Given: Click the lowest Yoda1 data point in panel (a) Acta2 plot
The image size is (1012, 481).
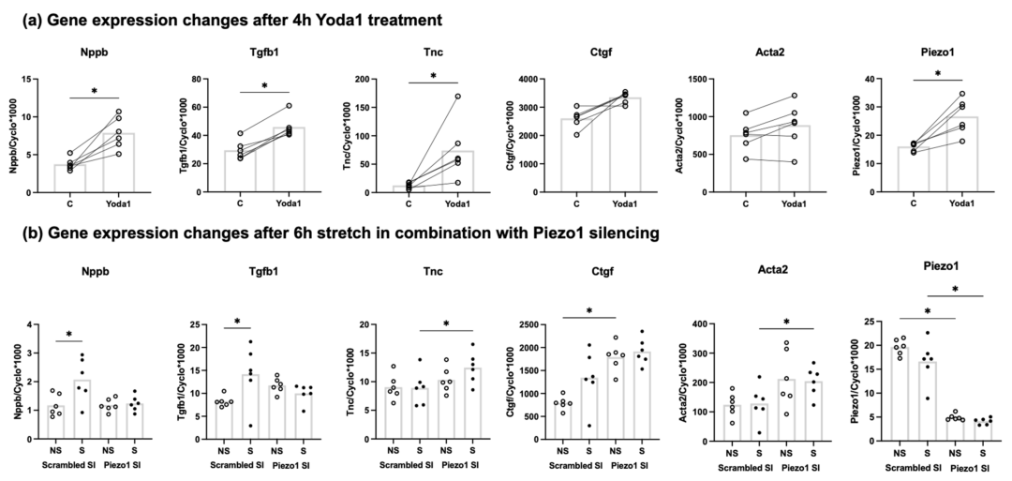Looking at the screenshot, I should pos(788,161).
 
